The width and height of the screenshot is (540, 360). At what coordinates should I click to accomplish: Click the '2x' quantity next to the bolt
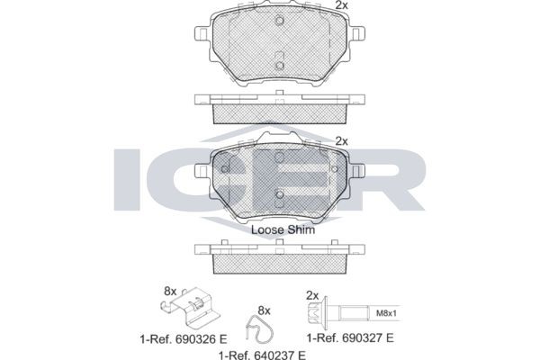pos(312,295)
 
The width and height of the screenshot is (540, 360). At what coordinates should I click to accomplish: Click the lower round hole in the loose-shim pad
pos(279,195)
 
